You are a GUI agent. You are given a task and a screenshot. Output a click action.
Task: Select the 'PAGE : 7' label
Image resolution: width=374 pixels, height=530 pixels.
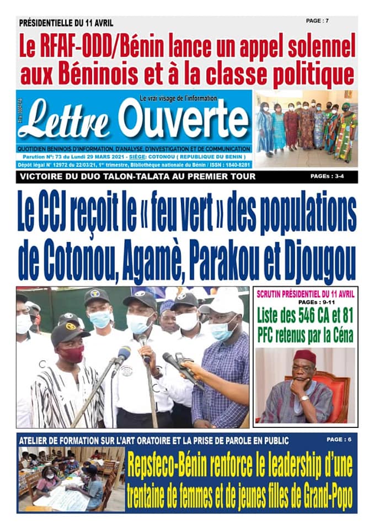(318, 21)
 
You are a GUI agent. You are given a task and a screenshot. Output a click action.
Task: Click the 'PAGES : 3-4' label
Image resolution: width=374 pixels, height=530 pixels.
(329, 177)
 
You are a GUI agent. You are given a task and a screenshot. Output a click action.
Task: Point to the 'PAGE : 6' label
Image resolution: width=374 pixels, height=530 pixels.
(338, 439)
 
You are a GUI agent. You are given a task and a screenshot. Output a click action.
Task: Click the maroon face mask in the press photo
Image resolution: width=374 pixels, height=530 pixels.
(72, 353)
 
